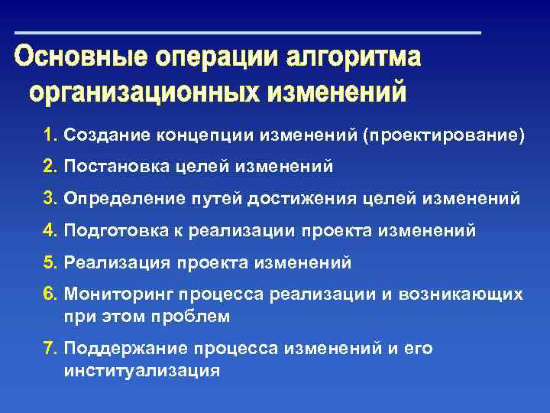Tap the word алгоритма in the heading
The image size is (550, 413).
(353, 59)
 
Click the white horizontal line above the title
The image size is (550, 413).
(248, 33)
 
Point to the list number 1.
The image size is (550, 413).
(50, 135)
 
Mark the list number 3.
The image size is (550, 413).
(50, 198)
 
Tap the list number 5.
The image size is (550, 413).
(50, 262)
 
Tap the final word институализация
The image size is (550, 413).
(142, 370)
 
